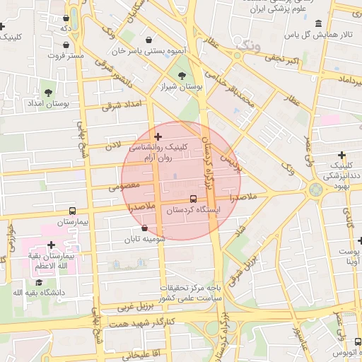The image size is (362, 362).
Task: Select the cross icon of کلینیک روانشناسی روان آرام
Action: [x=158, y=136]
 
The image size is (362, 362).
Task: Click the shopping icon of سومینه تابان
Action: [x=145, y=228]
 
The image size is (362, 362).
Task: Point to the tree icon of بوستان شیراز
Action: [x=182, y=76]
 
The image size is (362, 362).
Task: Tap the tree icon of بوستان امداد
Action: [x=48, y=93]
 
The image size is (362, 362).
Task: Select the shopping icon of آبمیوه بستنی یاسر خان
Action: [x=148, y=40]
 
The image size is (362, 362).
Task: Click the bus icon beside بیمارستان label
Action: [x=72, y=211]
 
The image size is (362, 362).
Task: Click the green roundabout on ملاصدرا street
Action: [x=315, y=189]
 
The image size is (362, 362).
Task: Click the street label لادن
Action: [x=115, y=144]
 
